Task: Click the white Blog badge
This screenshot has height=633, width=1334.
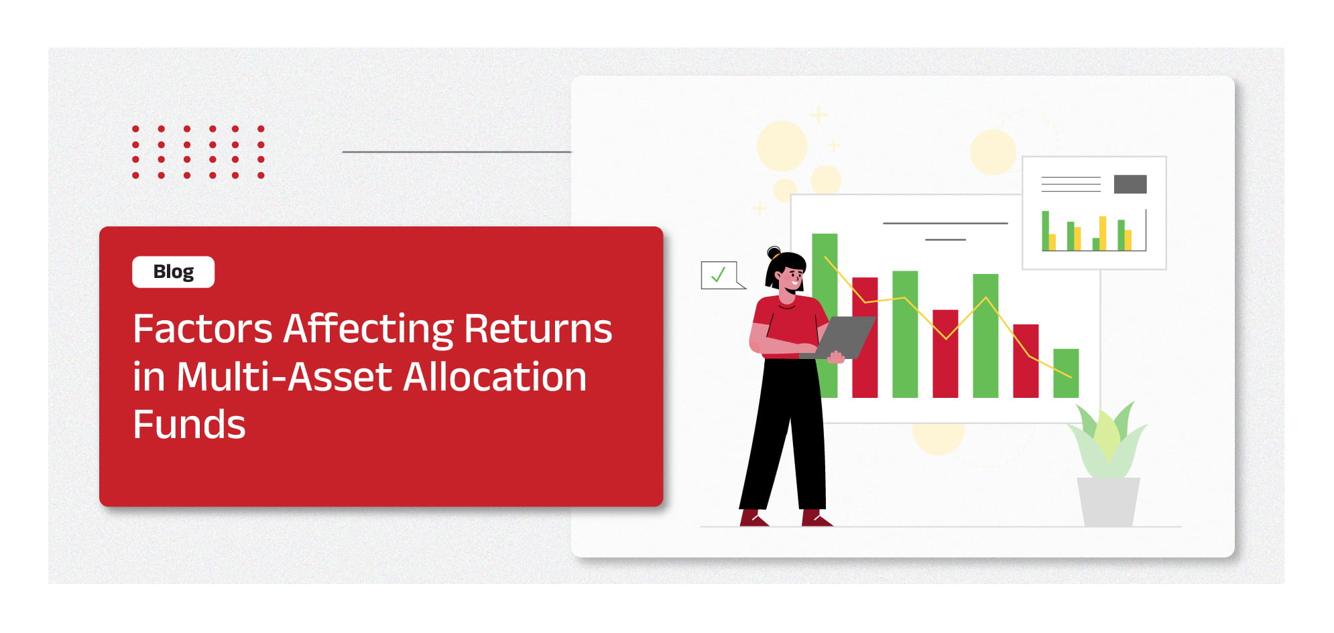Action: (x=173, y=272)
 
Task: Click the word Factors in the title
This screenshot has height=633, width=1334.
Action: (x=202, y=329)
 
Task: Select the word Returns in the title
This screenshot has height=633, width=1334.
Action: (x=538, y=329)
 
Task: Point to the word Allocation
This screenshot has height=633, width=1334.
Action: (x=495, y=376)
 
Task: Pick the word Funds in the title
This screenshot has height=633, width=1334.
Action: (x=189, y=425)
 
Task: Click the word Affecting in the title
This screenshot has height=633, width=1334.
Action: (x=368, y=329)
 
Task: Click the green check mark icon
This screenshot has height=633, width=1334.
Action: (x=718, y=275)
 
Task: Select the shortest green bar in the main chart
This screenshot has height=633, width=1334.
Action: (x=1066, y=373)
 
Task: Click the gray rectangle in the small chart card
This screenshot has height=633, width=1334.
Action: (x=1130, y=184)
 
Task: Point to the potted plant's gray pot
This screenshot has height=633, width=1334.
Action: (x=1108, y=502)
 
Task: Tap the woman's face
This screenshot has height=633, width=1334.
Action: (x=792, y=276)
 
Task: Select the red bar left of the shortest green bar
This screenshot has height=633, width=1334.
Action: (x=1026, y=361)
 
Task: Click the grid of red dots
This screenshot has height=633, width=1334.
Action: (x=198, y=152)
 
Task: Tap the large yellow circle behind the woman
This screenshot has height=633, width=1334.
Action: (x=782, y=145)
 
